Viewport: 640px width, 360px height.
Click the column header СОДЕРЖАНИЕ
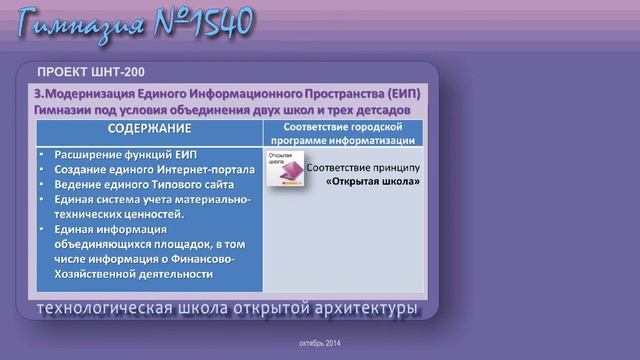click(149, 129)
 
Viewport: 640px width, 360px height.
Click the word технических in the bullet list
click(84, 214)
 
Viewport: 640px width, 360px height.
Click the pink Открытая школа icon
click(285, 170)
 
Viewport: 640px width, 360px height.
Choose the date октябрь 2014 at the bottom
click(320, 343)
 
